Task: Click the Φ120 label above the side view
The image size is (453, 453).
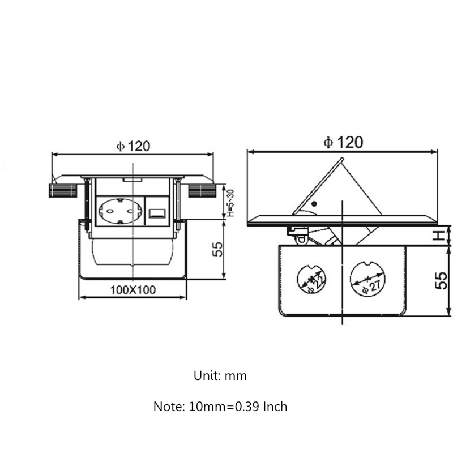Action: pos(343,142)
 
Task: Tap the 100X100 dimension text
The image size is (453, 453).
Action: pos(133,290)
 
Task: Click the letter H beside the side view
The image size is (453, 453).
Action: pos(439,236)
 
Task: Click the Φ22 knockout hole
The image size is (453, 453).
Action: pos(312,279)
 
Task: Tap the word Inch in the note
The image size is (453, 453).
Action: pos(275,407)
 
